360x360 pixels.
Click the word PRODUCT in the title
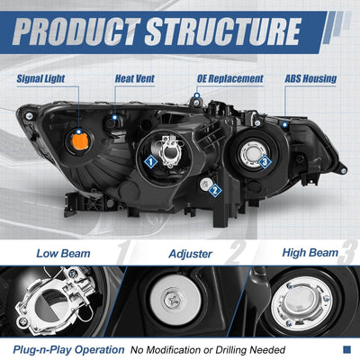coord(76,31)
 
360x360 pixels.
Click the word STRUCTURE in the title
coord(223,31)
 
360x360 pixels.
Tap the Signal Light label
coord(40,78)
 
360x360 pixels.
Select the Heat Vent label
coord(135,78)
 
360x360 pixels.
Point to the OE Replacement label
coord(230,79)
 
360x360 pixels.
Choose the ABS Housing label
coord(310,78)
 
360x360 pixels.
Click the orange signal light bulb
coord(79,141)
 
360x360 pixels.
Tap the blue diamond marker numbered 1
coord(150,162)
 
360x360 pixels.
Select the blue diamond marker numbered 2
coord(215,190)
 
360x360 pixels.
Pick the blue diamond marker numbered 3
coord(265,162)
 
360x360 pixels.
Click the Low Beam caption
coord(63,254)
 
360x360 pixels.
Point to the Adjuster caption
coord(191,254)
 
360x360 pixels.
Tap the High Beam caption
coord(310,253)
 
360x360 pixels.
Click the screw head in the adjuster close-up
coord(173,300)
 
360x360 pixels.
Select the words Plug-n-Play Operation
coord(68,350)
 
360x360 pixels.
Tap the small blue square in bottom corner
coord(346,349)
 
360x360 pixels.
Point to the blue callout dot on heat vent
coord(114,117)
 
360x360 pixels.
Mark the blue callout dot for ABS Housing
coord(285,124)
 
